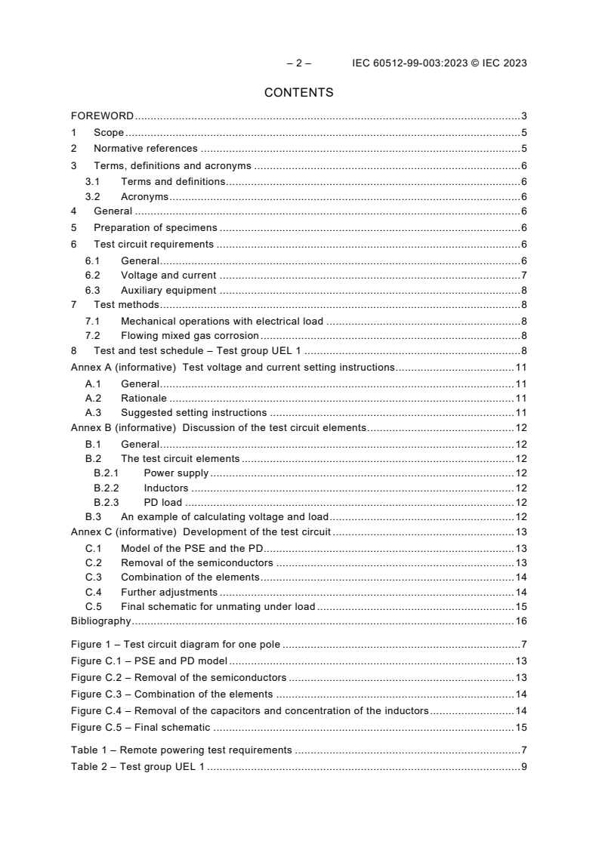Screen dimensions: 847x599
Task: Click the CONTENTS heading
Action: point(298,93)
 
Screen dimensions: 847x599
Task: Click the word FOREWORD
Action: point(102,116)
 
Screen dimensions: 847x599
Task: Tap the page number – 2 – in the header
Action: point(298,63)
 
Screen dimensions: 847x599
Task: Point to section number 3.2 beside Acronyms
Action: point(93,197)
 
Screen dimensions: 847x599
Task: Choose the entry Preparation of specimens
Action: point(155,228)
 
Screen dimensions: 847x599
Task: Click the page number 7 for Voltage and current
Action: point(523,275)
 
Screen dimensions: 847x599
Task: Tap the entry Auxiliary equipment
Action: point(168,290)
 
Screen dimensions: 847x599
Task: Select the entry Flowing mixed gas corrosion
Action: point(190,335)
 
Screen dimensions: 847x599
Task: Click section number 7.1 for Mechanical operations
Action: point(93,321)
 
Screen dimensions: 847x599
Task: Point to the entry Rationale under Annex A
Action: point(144,398)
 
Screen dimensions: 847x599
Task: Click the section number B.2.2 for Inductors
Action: point(107,488)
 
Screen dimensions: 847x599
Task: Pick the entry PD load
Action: point(163,503)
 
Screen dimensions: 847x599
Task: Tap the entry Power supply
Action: point(176,473)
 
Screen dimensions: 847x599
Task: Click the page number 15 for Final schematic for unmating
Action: point(520,606)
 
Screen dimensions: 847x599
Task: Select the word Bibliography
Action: point(100,621)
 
